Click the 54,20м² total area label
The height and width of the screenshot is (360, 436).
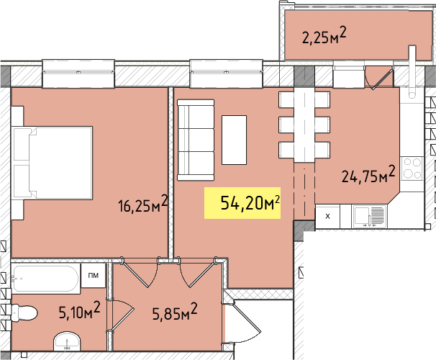coord(250,202)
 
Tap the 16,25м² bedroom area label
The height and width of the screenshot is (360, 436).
coord(143,204)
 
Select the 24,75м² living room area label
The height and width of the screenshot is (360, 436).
coord(368,174)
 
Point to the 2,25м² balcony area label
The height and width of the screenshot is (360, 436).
coord(324,36)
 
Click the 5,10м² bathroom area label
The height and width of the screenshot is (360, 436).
coord(80,310)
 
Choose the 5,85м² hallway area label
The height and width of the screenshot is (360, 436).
coord(175,312)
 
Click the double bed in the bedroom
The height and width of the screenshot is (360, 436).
coord(52,163)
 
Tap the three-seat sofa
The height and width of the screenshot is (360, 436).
coord(196,140)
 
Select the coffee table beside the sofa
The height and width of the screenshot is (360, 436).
coord(234,140)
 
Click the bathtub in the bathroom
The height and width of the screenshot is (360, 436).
coord(46,279)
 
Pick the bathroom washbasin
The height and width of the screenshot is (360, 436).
coord(67,341)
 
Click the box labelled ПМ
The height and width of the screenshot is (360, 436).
coord(93,276)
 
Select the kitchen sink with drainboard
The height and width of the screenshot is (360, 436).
coord(369,217)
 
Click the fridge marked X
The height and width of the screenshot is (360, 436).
coord(327,217)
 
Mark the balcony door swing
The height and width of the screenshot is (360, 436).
coord(378,78)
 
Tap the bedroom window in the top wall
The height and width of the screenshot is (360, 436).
coord(78,73)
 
